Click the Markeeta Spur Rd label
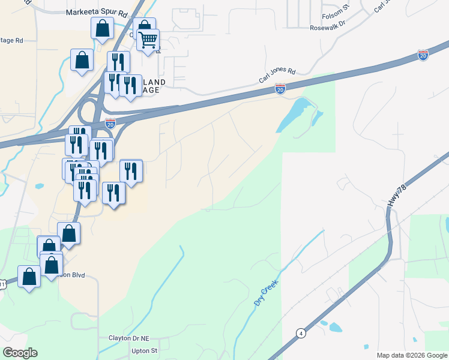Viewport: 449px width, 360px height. [97, 13]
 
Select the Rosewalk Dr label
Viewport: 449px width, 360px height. [328, 28]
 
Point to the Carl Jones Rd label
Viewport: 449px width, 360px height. [277, 75]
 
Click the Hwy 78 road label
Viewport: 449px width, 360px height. [393, 196]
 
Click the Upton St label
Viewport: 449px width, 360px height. [144, 350]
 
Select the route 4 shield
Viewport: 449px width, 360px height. [300, 332]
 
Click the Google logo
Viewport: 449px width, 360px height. [20, 353]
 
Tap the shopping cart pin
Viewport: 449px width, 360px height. [148, 41]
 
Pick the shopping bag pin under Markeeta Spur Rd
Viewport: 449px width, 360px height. [102, 28]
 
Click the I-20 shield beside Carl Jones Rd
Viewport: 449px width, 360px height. [280, 89]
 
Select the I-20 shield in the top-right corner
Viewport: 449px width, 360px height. [423, 55]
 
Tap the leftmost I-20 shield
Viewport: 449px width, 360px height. [110, 124]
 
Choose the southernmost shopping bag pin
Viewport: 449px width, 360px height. [29, 277]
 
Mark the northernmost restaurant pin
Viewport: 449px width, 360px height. [118, 62]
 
